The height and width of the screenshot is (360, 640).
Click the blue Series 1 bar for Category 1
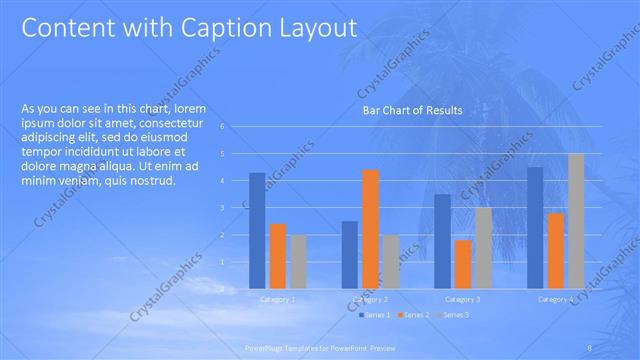click(258, 230)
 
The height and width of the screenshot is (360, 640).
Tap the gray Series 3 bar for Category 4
click(576, 221)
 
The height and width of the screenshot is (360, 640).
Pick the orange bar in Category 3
click(463, 264)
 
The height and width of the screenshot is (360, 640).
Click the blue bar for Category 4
click(535, 227)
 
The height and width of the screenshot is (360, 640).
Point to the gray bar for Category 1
click(298, 261)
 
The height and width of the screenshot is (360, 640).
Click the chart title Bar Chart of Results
click(411, 111)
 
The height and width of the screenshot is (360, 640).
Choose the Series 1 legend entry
click(376, 315)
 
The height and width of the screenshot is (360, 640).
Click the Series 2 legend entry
click(413, 315)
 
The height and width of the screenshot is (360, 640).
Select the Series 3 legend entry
click(451, 315)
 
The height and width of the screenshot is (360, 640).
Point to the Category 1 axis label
click(278, 299)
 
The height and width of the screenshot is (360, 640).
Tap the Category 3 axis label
click(463, 299)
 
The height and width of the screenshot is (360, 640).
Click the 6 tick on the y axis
click(237, 127)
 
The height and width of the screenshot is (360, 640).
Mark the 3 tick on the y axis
click(237, 208)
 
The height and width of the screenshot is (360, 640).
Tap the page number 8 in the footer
click(591, 347)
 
